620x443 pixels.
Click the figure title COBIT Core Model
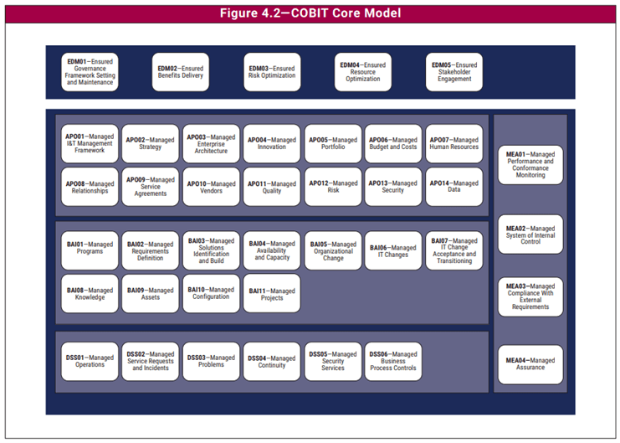[310, 13]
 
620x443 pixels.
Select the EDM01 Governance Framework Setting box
[90, 72]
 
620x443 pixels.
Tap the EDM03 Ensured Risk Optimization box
[272, 72]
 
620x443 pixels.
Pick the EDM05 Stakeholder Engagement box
[454, 72]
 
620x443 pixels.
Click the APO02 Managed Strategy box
[151, 143]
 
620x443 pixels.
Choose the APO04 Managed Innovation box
[272, 143]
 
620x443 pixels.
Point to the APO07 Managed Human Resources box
[454, 143]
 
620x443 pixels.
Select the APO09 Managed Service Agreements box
[151, 187]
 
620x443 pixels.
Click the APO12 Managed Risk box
[333, 187]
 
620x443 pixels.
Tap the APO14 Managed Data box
[454, 187]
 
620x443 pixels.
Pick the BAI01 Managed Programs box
[90, 250]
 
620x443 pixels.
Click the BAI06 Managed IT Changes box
[393, 250]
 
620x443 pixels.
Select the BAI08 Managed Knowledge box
[90, 294]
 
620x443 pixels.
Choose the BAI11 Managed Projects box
[272, 294]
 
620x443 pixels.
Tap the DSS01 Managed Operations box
[90, 362]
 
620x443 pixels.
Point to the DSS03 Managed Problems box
[211, 362]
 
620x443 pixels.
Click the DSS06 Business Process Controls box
[393, 362]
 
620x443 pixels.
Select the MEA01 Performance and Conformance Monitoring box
[530, 165]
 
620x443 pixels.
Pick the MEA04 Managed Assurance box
[530, 364]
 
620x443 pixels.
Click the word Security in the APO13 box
[392, 190]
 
